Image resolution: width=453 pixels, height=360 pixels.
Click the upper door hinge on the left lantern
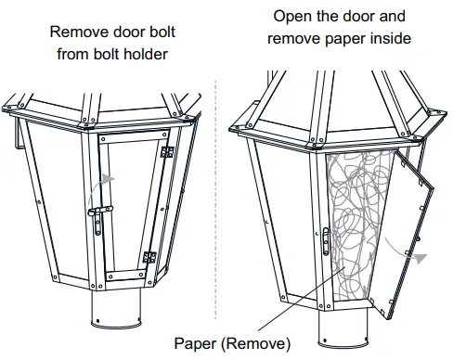[166, 151]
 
